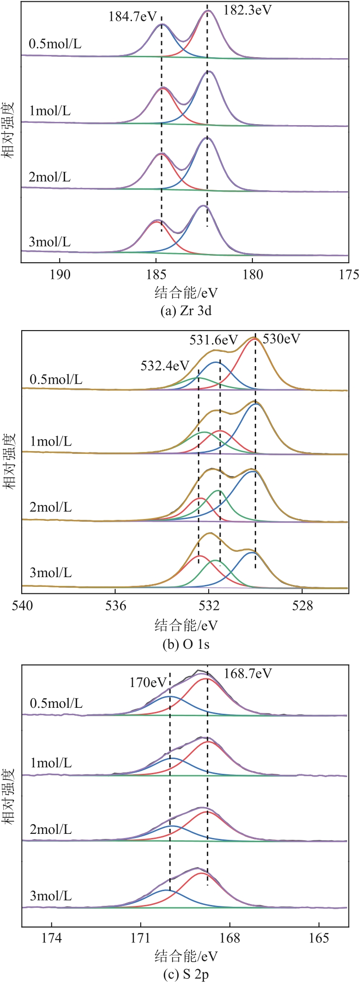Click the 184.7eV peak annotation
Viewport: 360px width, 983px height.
[133, 17]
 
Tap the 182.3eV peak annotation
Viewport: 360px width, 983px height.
[247, 10]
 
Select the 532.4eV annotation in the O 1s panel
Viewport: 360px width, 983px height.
[165, 366]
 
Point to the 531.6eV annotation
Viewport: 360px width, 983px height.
[213, 340]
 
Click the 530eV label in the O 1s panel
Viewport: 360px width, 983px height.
[281, 339]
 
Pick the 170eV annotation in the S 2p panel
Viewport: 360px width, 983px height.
[147, 682]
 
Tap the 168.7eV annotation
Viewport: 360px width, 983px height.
[248, 673]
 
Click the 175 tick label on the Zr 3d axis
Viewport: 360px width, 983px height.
[349, 275]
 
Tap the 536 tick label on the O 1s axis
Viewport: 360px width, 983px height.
[115, 606]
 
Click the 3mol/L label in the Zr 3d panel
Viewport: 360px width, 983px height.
[50, 242]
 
